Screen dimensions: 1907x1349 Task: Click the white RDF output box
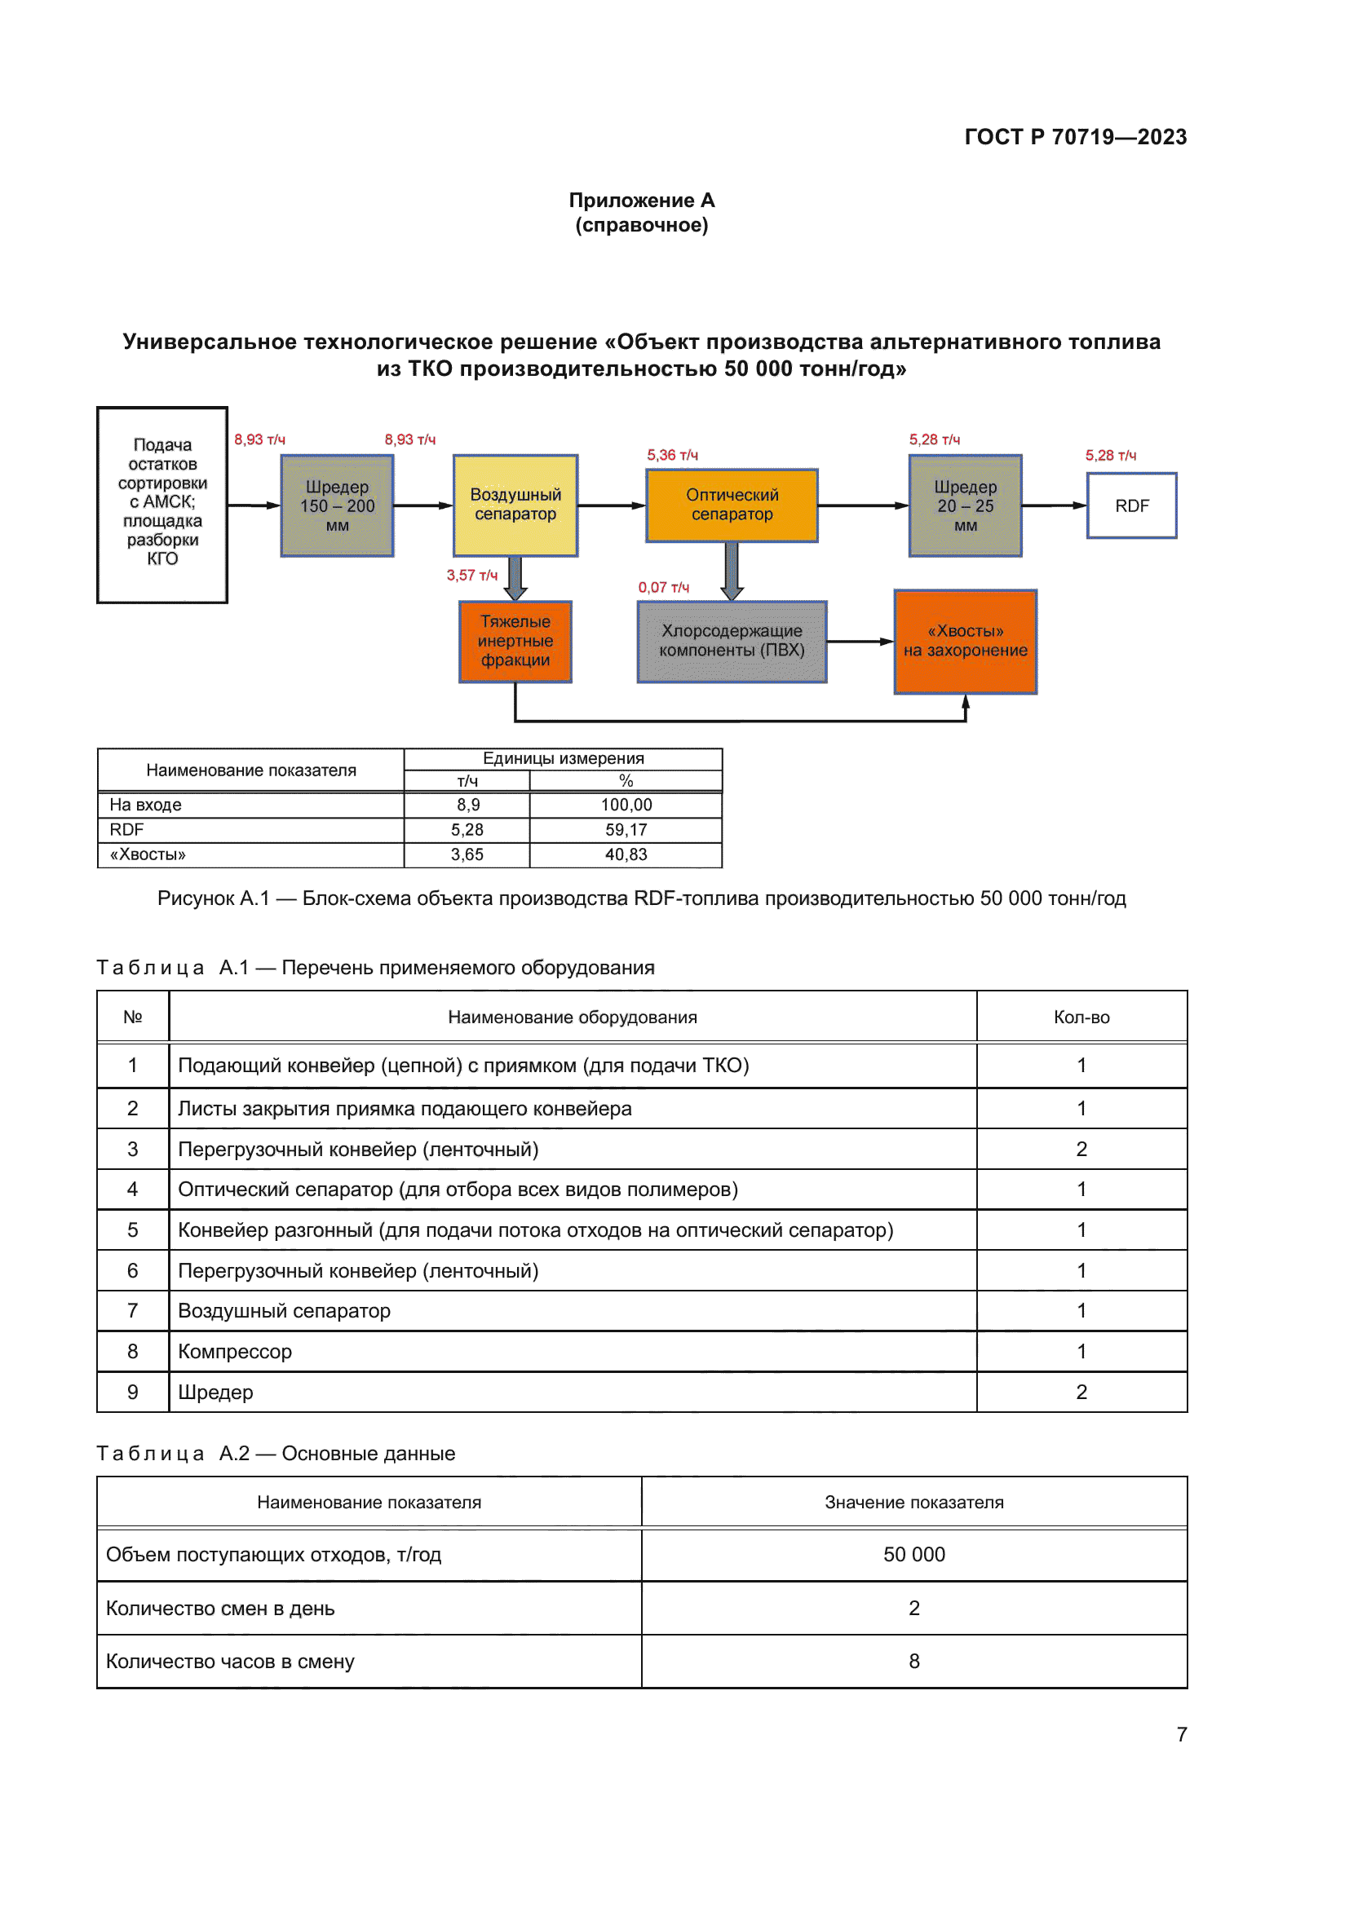[1131, 505]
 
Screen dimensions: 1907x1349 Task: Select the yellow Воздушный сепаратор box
[515, 505]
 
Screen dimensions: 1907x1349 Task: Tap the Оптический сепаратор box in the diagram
[732, 505]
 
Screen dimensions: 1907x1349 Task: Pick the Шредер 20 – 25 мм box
[965, 505]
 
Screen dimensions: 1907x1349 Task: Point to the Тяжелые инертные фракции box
[515, 641]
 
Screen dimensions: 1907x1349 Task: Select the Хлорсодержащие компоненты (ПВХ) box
[732, 641]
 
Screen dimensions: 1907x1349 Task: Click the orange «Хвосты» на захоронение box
[965, 641]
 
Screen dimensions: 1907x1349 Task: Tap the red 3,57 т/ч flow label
[471, 576]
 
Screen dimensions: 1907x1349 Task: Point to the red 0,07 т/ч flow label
[664, 587]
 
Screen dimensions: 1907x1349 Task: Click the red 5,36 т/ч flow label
[673, 455]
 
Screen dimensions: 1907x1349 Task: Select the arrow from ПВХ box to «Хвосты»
[860, 641]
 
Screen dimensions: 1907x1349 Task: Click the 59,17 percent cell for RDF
[626, 830]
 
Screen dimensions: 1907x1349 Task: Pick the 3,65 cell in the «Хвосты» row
[467, 854]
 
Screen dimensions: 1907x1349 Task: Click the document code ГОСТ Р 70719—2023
[1075, 137]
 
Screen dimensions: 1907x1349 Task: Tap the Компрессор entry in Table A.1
[235, 1351]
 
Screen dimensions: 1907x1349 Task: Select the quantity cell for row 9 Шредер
[1081, 1392]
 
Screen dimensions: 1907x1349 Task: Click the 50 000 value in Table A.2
[913, 1554]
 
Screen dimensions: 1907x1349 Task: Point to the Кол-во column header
[1081, 1017]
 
